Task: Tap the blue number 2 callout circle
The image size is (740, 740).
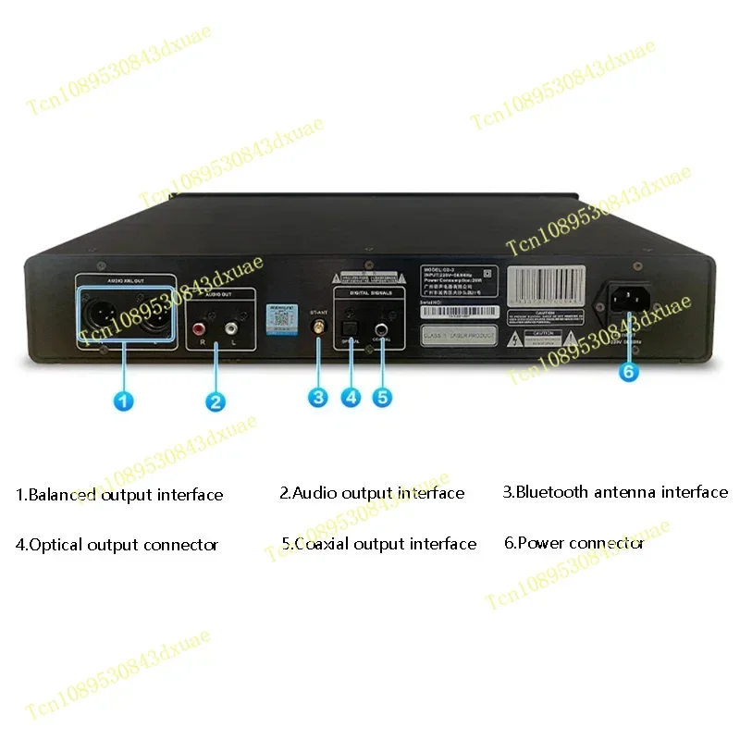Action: (215, 401)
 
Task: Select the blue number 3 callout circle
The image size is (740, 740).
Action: (318, 396)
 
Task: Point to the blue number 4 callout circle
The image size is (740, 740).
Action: (351, 396)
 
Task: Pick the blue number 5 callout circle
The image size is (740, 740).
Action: (382, 396)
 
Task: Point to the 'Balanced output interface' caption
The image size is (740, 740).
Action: (119, 495)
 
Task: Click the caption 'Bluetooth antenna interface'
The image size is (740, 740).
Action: (615, 492)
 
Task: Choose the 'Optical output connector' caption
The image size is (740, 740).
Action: (117, 545)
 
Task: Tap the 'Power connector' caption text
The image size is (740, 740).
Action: (573, 543)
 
